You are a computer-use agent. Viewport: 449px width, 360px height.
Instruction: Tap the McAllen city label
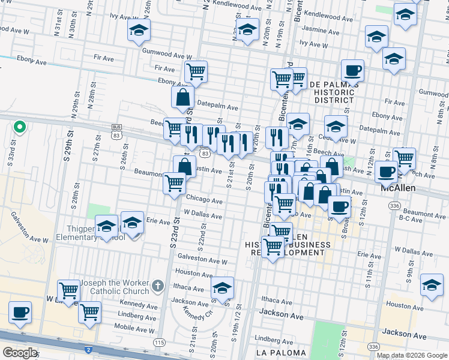401,188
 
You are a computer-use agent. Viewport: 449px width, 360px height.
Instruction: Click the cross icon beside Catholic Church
158,286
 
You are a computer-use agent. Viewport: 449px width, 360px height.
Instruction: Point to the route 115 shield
158,342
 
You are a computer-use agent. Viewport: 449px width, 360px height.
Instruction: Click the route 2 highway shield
88,349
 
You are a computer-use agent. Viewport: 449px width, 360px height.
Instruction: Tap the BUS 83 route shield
116,128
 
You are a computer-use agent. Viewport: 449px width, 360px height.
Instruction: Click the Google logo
20,352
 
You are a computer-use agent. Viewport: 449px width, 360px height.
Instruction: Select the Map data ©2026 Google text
412,355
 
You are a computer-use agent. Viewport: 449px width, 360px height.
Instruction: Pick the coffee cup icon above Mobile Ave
20,312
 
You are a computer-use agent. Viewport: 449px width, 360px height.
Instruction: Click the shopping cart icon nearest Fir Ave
196,71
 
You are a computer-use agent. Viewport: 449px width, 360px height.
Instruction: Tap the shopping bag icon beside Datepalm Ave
182,96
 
